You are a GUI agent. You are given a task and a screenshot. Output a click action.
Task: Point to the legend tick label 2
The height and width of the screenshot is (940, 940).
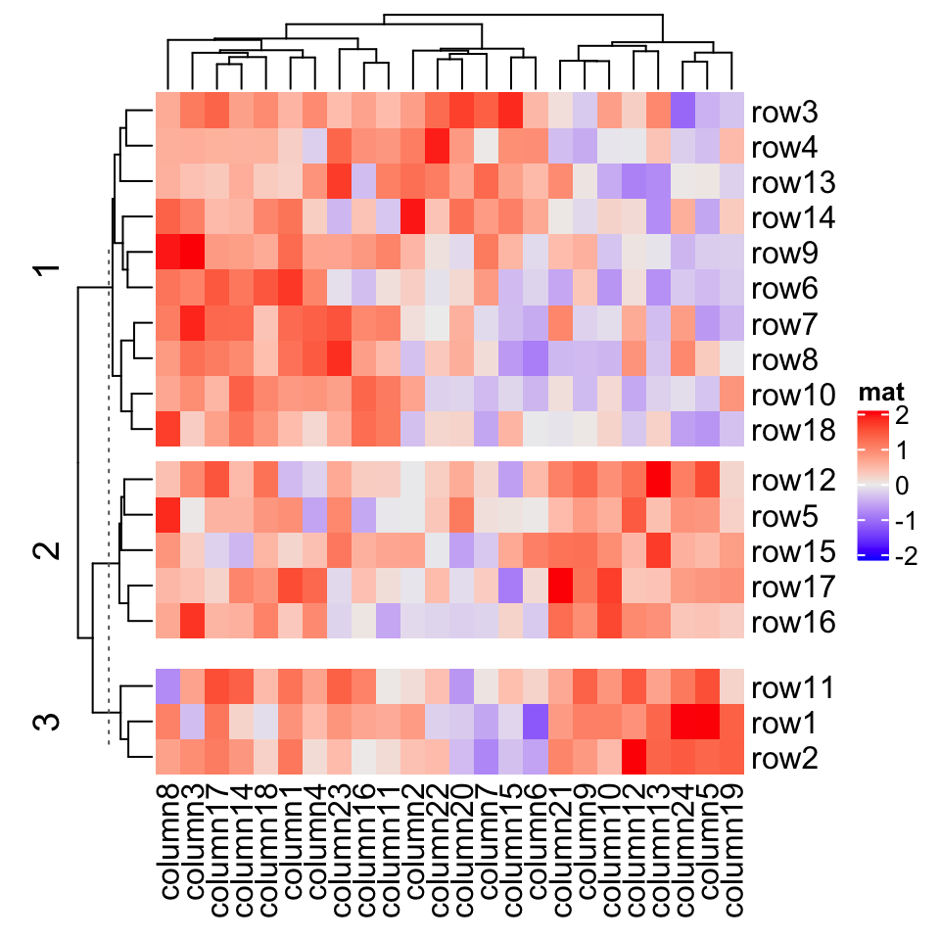point(901,416)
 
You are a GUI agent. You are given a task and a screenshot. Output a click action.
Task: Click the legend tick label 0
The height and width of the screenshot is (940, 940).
point(901,486)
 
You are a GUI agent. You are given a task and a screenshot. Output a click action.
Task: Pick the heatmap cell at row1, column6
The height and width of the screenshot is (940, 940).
point(535,723)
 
